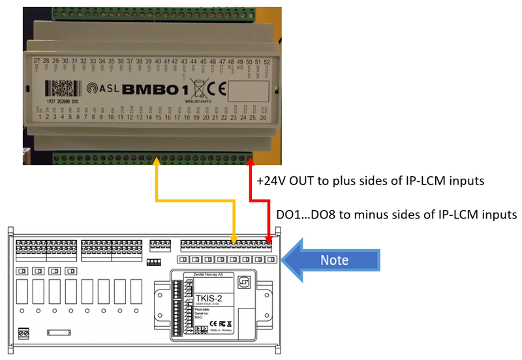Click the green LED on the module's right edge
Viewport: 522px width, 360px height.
(x=278, y=88)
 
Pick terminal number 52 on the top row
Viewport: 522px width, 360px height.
(x=266, y=60)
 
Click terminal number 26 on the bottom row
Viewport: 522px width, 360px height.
(x=263, y=118)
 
